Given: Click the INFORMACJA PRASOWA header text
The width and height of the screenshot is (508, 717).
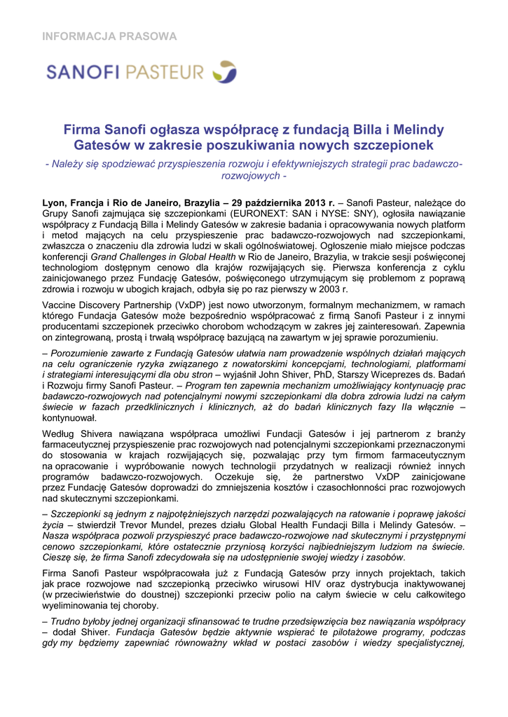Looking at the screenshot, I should pyautogui.click(x=111, y=36).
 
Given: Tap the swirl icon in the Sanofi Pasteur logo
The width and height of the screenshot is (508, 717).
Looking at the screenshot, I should pyautogui.click(x=225, y=71).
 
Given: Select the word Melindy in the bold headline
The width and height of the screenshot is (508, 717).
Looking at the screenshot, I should pyautogui.click(x=419, y=130).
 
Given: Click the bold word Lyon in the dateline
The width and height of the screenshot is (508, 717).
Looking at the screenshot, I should pyautogui.click(x=55, y=204).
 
